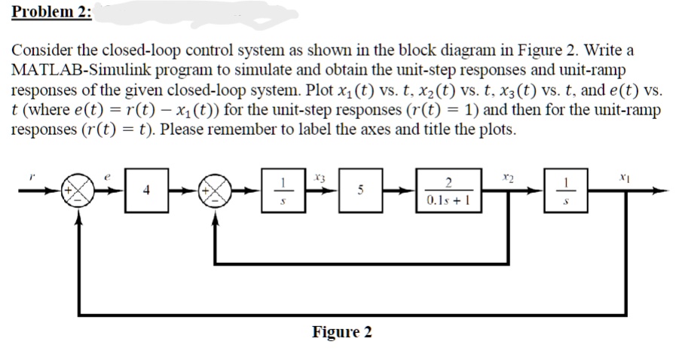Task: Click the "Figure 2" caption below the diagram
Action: [341, 332]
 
